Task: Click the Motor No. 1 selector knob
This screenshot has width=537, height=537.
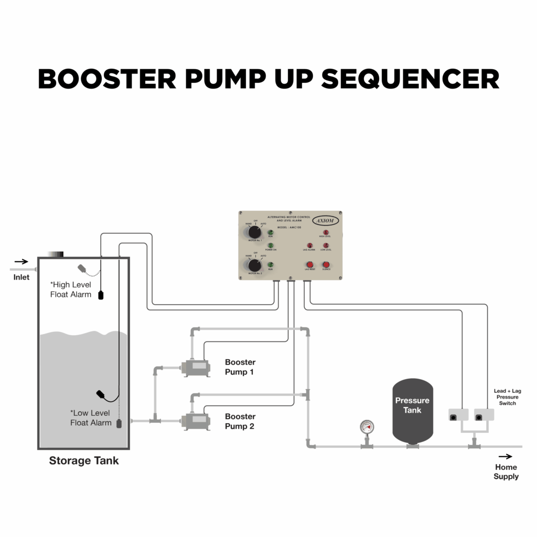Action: click(x=254, y=232)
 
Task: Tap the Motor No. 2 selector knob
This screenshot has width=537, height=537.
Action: click(x=254, y=265)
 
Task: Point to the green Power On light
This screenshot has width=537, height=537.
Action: click(x=271, y=245)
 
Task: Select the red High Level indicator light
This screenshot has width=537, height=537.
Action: click(x=326, y=232)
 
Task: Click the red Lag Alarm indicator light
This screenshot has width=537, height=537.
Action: click(x=309, y=245)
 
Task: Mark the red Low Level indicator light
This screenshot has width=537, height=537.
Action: click(x=326, y=245)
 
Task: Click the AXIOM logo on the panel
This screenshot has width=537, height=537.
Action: click(x=326, y=221)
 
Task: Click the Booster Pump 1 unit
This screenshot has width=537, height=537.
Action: click(x=195, y=368)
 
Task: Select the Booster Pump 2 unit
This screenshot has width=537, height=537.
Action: click(x=195, y=420)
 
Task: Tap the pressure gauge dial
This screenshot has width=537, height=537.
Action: click(x=366, y=427)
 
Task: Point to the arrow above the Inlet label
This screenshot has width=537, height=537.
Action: click(x=22, y=261)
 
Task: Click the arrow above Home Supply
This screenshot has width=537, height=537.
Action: click(x=506, y=457)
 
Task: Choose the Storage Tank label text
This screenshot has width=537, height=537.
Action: click(x=84, y=461)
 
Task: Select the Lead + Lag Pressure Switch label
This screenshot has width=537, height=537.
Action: click(x=507, y=397)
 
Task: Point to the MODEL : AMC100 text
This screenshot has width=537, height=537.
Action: click(x=289, y=227)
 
